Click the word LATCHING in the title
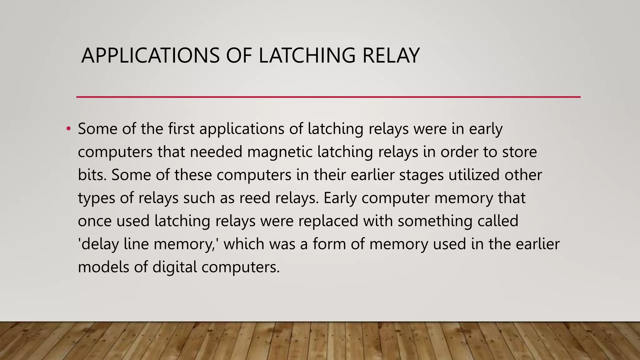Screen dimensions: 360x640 coord(307,56)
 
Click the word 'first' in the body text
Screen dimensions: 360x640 coord(181,128)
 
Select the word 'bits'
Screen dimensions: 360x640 coord(92,175)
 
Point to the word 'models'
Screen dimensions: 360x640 coord(103,267)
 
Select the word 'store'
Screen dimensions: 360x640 coord(519,152)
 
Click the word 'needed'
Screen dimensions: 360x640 coord(216,152)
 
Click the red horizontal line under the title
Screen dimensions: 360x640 coord(328,97)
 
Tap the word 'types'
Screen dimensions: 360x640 coord(97,198)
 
